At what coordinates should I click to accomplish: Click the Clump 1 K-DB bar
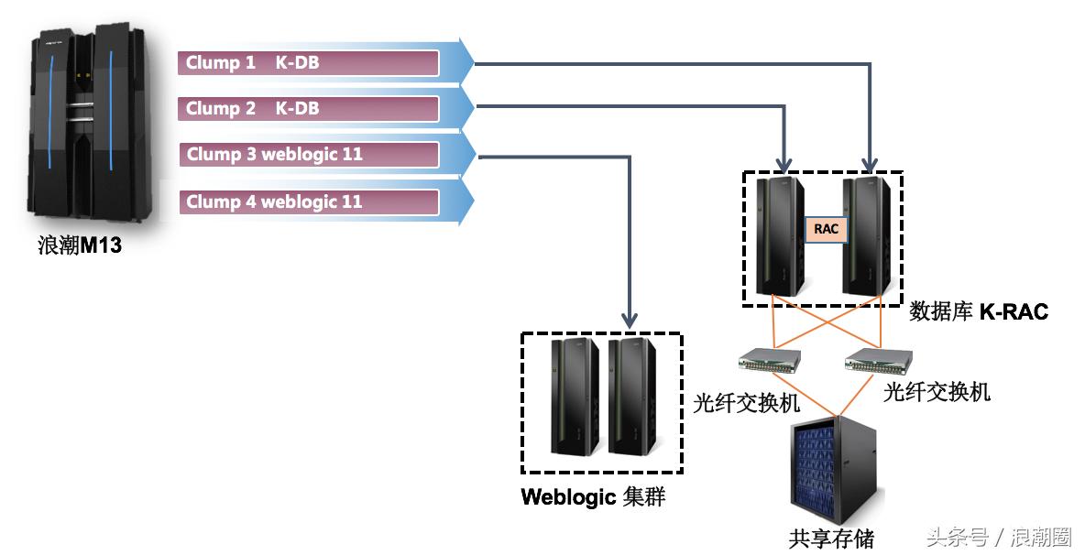click(x=308, y=63)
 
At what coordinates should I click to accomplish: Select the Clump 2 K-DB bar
click(x=308, y=108)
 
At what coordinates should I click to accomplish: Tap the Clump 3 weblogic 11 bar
click(x=308, y=154)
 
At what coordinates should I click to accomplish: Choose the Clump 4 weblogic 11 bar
click(x=308, y=201)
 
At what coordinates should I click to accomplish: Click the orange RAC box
click(x=826, y=229)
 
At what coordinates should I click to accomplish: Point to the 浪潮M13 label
click(x=80, y=245)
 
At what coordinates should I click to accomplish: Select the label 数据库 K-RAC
click(x=978, y=312)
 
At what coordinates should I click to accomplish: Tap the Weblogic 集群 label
click(x=592, y=497)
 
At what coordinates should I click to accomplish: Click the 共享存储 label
click(x=831, y=538)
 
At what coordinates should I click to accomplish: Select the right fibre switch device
click(x=877, y=360)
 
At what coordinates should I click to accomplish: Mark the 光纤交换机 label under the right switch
click(x=937, y=393)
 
